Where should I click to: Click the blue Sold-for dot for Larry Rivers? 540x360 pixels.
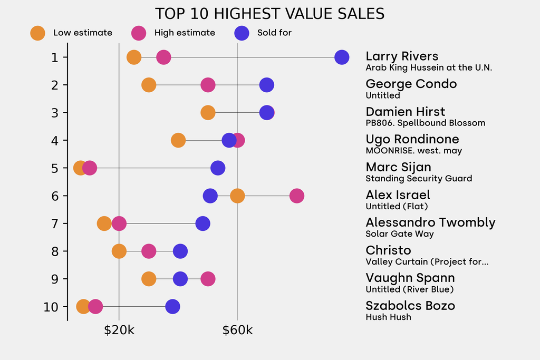tap(342, 57)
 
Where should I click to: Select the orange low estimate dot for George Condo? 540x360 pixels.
tap(149, 85)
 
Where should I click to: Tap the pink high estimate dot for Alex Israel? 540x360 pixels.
tap(297, 196)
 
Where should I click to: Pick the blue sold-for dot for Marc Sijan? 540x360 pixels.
tap(218, 168)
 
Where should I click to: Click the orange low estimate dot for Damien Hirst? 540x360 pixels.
tap(208, 113)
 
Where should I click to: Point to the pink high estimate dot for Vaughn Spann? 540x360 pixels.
tap(208, 279)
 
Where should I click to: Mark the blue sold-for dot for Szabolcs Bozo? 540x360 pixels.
tap(172, 307)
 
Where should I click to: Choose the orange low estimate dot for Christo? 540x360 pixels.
tap(119, 251)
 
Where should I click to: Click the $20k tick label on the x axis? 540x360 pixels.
tap(119, 330)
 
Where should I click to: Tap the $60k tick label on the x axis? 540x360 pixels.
tap(237, 330)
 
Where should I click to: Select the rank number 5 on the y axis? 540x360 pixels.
tap(55, 168)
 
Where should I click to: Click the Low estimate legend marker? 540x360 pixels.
tap(37, 33)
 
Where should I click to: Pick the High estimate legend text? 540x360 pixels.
tap(185, 33)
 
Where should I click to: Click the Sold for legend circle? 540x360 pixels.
tap(241, 33)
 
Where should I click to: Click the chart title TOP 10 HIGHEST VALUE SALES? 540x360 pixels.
tap(269, 14)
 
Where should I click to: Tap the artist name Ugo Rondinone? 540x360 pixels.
tap(412, 139)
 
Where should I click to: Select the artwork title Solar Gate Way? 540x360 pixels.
tap(400, 234)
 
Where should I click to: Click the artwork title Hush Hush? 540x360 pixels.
tap(388, 317)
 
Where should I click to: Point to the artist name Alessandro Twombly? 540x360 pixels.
tap(430, 222)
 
